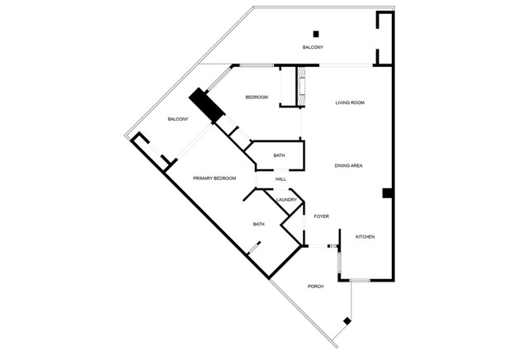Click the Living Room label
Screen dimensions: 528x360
[x=350, y=102]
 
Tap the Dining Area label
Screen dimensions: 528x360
[x=348, y=165]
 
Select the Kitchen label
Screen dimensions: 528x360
[x=365, y=237]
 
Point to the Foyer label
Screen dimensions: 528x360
[x=321, y=216]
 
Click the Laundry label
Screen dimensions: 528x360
[x=286, y=200]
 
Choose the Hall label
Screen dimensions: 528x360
[x=280, y=179]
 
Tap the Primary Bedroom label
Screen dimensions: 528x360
[x=214, y=178]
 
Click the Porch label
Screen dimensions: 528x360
[x=315, y=287]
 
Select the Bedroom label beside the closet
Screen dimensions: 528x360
[x=257, y=97]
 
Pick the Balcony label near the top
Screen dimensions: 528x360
[x=313, y=47]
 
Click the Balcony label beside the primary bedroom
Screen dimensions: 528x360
[x=178, y=119]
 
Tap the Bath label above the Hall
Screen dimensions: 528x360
[x=279, y=155]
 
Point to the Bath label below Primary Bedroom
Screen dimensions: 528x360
[x=258, y=224]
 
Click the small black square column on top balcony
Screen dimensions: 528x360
[x=316, y=34]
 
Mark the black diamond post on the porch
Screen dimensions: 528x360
[x=347, y=321]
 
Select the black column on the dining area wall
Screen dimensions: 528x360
[x=387, y=193]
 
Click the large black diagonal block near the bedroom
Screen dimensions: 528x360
[x=207, y=105]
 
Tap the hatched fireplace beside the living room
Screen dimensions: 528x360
[x=302, y=87]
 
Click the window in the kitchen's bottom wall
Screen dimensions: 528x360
[x=360, y=280]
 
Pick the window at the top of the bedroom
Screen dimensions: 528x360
[x=257, y=65]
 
